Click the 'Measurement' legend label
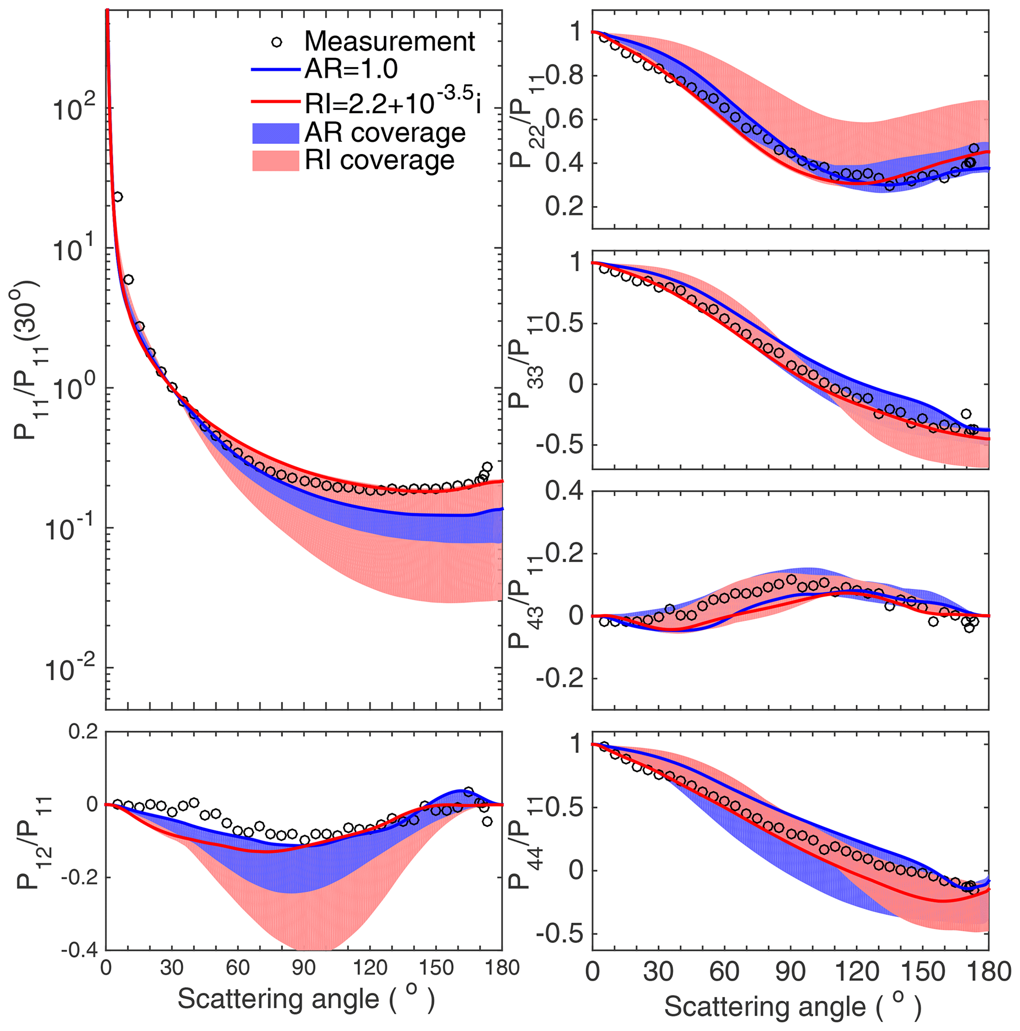[x=389, y=41]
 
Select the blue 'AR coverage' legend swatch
[x=275, y=133]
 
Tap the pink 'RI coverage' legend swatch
[x=275, y=161]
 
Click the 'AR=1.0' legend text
[x=351, y=69]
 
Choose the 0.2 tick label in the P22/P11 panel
[x=565, y=207]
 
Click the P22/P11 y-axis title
[x=524, y=120]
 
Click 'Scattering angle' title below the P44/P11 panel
[x=793, y=1006]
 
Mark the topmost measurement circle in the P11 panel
[x=118, y=197]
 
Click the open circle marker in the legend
[x=277, y=41]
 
